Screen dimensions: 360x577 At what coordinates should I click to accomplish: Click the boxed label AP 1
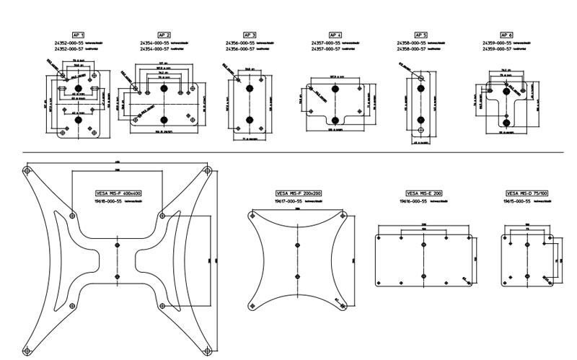(x=79, y=35)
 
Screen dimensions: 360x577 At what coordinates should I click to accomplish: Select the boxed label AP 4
(x=335, y=35)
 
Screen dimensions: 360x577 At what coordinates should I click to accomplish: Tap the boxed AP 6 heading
(x=506, y=35)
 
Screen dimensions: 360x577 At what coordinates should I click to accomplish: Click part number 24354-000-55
(x=156, y=43)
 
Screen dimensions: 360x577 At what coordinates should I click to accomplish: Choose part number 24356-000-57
(x=242, y=50)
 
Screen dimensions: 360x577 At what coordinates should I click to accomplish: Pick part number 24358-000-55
(x=412, y=43)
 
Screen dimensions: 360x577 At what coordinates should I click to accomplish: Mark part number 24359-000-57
(x=498, y=50)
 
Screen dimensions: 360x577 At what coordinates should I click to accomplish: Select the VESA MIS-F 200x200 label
(x=297, y=194)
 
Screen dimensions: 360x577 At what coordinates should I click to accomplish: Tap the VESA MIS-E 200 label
(x=424, y=194)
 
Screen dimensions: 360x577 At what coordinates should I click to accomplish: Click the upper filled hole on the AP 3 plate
(x=250, y=88)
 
